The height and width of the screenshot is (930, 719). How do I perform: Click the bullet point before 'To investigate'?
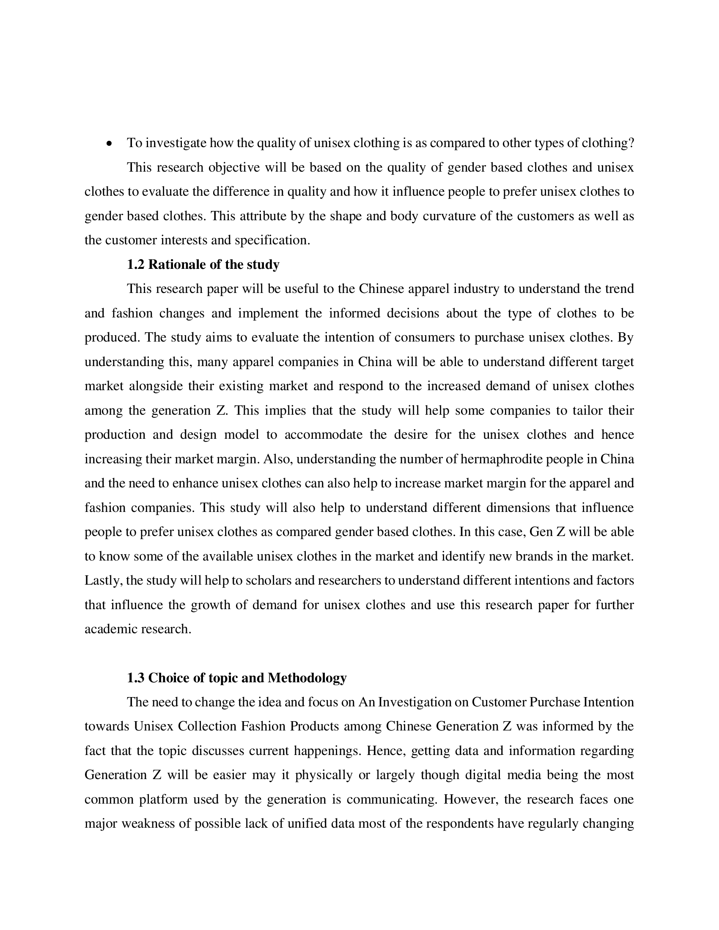(110, 144)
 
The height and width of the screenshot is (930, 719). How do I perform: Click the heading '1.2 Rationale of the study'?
(203, 265)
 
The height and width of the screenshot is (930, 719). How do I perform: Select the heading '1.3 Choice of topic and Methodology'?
(237, 678)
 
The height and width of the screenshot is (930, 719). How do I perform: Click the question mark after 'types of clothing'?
(631, 143)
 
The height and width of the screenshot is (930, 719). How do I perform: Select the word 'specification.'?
(272, 240)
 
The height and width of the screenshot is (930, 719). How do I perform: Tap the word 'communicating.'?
(392, 799)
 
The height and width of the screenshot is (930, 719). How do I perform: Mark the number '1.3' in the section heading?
(135, 678)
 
